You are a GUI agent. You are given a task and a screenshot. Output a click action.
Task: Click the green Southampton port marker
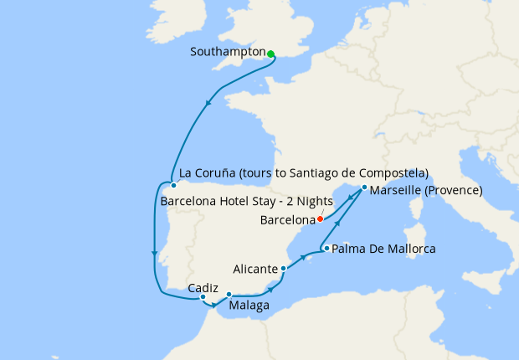[x=270, y=54]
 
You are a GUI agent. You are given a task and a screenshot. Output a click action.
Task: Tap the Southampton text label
[x=227, y=52]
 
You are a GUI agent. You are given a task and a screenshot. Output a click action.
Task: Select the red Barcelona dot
[x=320, y=219]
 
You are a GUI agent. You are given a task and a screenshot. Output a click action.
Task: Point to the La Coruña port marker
[x=172, y=185]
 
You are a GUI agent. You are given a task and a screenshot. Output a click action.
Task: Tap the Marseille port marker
[x=364, y=188]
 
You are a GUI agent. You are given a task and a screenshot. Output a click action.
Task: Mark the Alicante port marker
[x=284, y=269]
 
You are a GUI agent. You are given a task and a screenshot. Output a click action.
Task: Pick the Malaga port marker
[x=229, y=294]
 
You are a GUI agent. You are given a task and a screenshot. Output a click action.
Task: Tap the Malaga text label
[x=249, y=306]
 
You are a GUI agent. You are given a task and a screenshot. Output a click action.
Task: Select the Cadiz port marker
[x=203, y=296]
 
